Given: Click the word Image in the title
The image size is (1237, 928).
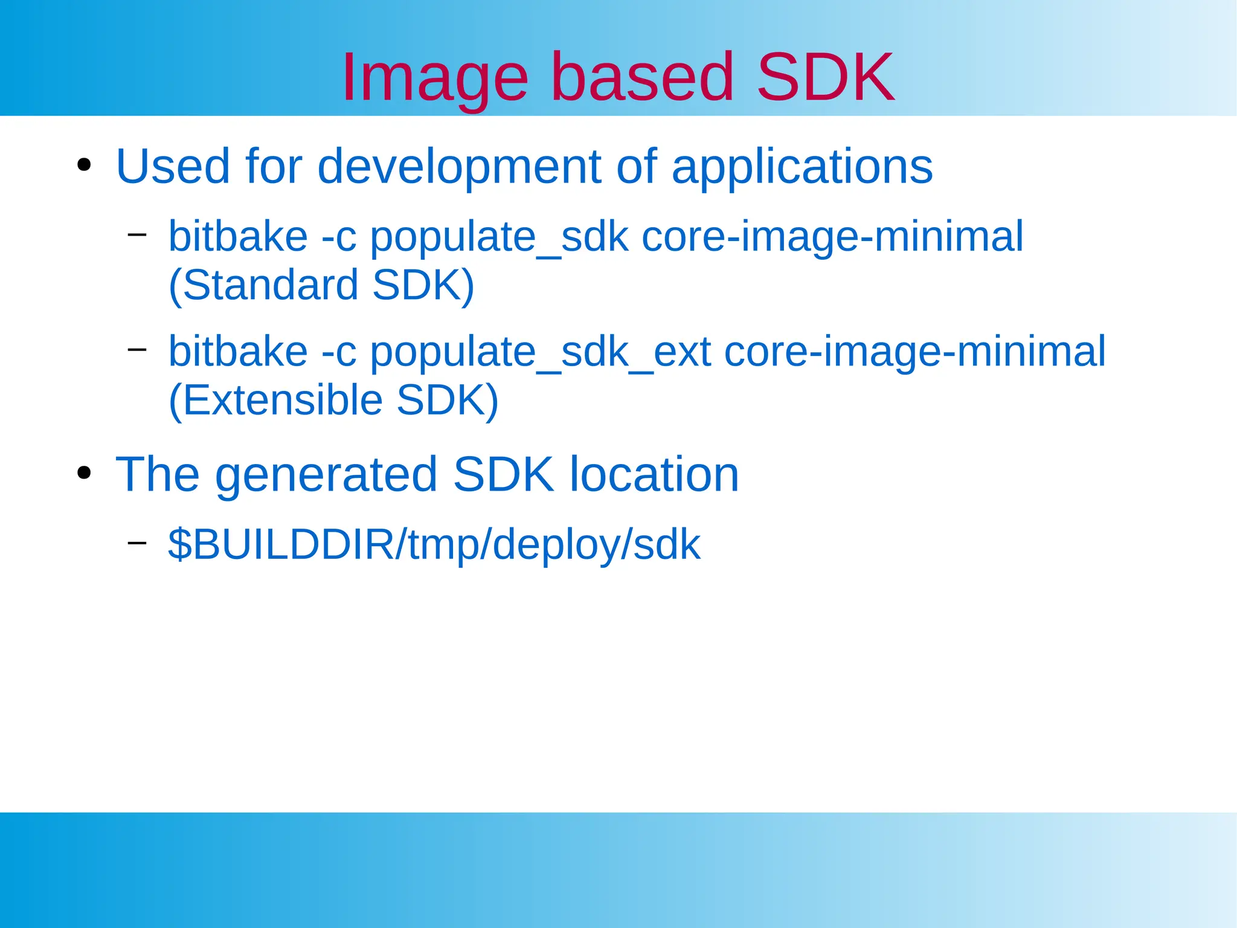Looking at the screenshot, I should [x=435, y=79].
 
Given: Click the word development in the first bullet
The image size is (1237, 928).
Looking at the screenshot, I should [x=458, y=167].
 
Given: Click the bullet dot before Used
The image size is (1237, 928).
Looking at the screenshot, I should [x=84, y=165].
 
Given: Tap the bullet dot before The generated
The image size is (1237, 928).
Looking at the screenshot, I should [x=84, y=473].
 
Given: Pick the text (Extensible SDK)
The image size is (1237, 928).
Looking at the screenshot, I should [x=333, y=400].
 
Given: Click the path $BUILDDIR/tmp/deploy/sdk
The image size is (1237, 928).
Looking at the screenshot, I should [x=434, y=544].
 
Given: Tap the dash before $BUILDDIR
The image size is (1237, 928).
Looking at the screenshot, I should [x=137, y=542].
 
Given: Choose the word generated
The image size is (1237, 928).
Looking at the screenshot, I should [x=326, y=475].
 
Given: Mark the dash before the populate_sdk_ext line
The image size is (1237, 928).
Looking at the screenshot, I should [x=137, y=349].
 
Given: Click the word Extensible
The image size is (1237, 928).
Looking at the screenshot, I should [x=283, y=400].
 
